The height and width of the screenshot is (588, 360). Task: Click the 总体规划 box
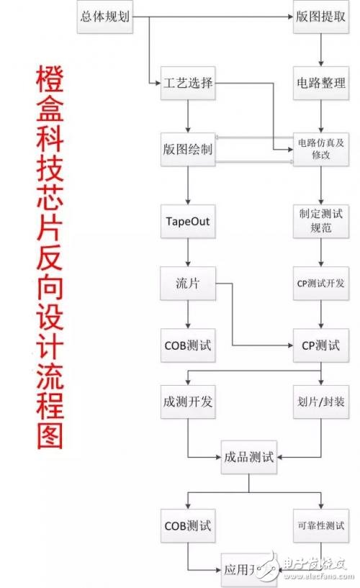coord(104,16)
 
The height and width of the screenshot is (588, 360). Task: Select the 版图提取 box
coord(320,16)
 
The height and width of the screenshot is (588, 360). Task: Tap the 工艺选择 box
coord(187,83)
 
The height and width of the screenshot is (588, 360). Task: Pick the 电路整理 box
coord(320,83)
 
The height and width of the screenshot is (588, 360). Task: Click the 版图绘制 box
coord(187,149)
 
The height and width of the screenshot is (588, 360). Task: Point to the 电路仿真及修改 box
coord(320,149)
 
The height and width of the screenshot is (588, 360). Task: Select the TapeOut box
coord(187,222)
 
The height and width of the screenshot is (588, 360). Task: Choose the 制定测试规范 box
coord(320,222)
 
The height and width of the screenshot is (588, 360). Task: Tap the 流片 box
coord(187,283)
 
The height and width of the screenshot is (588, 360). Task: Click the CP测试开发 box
coord(320,283)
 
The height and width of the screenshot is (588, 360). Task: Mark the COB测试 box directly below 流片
coord(187,345)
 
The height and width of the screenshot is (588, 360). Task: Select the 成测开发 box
coord(187,401)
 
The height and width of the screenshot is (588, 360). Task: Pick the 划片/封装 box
coord(320,401)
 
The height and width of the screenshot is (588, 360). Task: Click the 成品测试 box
coord(248,458)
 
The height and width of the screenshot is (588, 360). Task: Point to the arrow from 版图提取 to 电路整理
coord(320,49)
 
